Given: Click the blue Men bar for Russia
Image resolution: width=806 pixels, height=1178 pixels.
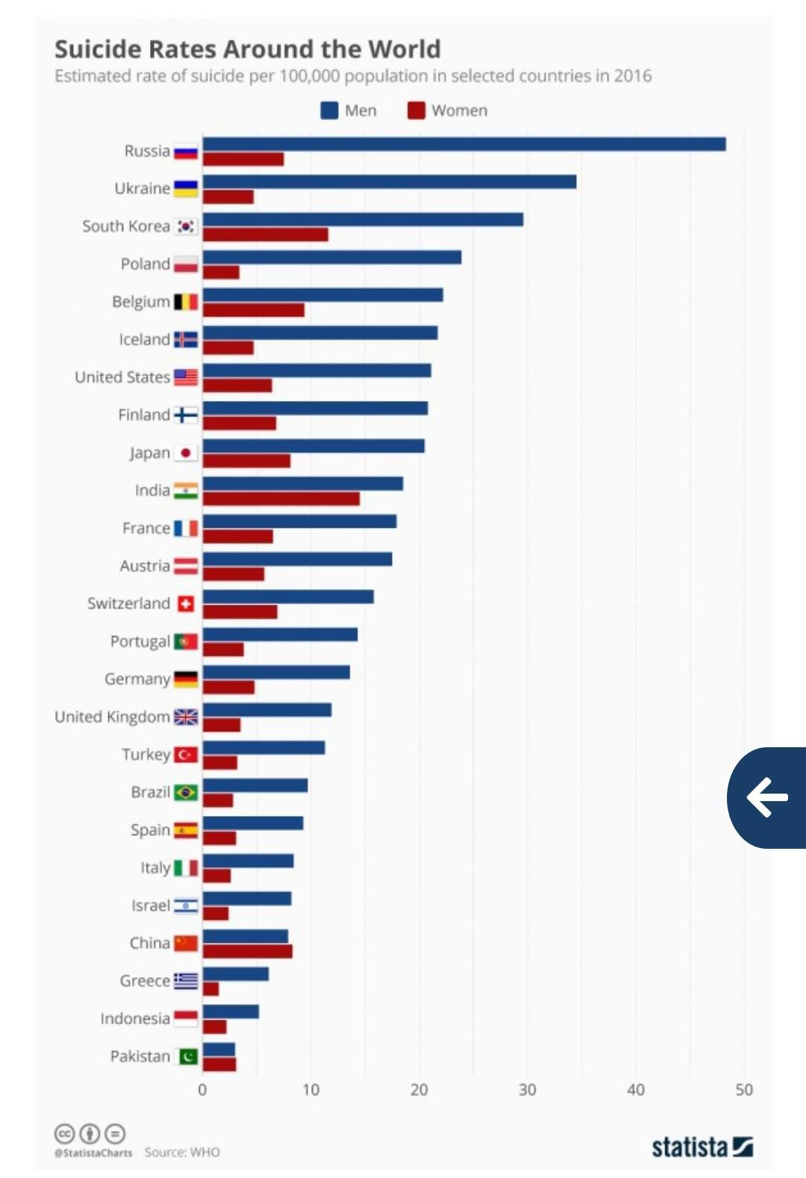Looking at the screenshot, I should tap(463, 144).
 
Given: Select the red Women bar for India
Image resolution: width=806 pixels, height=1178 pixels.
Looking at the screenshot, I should tap(281, 499).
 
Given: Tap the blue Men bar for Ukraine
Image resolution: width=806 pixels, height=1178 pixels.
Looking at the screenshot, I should tap(389, 181).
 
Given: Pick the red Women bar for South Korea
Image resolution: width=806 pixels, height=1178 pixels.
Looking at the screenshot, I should tap(265, 234).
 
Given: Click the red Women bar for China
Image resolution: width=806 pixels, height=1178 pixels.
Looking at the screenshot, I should tap(247, 951).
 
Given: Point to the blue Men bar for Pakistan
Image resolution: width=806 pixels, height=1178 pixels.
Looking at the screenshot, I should tap(219, 1049).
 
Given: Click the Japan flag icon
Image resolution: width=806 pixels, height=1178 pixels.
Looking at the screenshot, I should tap(186, 452).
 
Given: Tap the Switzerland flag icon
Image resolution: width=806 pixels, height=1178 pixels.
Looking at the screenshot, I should tap(186, 603).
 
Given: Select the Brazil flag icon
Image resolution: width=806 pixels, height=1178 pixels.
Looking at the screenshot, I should tap(186, 792).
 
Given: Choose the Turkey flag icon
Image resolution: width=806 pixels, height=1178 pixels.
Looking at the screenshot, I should tap(186, 755).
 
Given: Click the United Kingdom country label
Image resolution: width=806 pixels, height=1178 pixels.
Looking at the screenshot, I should tap(112, 717).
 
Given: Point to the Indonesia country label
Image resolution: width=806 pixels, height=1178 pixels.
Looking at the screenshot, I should tap(135, 1018).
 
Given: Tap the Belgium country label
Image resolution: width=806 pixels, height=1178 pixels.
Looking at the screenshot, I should tap(141, 302).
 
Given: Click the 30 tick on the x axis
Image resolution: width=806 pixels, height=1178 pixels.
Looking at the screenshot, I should tap(527, 1090).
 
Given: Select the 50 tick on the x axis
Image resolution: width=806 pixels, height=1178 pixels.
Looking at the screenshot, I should tap(743, 1090).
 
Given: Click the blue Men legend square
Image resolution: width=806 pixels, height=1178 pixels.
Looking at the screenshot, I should tap(329, 110).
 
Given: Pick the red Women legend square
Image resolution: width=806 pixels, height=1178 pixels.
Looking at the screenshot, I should tap(416, 110).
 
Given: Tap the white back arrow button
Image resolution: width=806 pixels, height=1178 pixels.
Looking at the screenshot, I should tap(767, 797).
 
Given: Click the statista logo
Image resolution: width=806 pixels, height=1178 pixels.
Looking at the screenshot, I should tap(702, 1147).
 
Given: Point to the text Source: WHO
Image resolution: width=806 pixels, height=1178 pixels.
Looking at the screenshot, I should tap(182, 1152).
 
